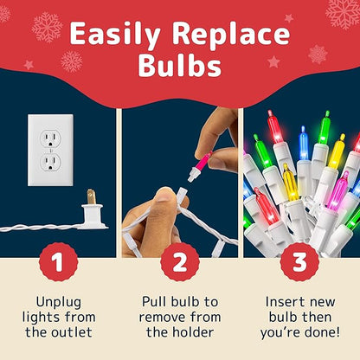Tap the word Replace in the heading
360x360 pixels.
pyautogui.click(x=230, y=35)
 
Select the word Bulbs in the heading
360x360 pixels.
pyautogui.click(x=180, y=67)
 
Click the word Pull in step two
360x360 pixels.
pyautogui.click(x=153, y=300)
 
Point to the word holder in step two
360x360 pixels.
pyautogui.click(x=198, y=331)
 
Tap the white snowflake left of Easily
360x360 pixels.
pyautogui.click(x=45, y=27)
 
